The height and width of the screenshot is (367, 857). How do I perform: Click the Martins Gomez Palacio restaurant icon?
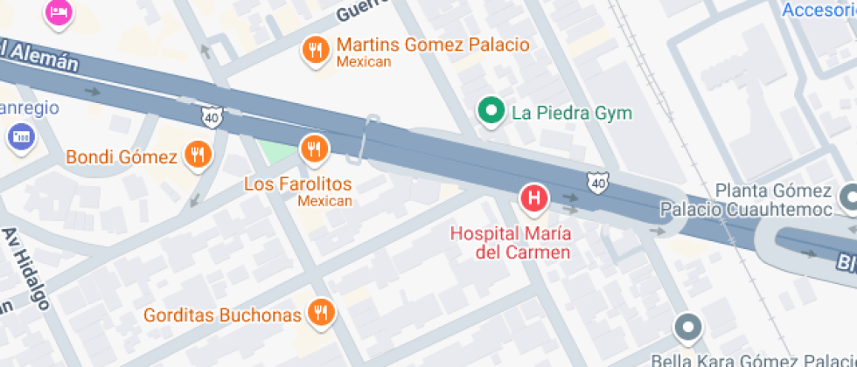coord(315,50)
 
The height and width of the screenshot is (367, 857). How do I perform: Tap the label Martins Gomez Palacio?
coord(433,45)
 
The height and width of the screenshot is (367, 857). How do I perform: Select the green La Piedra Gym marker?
coord(491,111)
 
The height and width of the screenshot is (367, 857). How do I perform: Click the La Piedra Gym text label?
coord(571,113)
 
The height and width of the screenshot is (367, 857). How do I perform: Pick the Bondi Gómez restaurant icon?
coord(199,156)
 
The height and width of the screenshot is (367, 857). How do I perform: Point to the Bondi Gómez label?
coord(122,157)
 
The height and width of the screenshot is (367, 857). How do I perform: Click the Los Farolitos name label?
coord(297,183)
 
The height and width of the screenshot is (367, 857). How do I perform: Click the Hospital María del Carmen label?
coord(511,242)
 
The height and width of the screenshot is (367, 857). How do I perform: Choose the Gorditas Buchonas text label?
coord(222,315)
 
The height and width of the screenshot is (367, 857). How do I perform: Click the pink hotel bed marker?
coord(58,11)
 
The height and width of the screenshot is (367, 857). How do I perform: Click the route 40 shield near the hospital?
coord(597,183)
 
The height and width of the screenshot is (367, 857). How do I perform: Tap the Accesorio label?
coord(818,10)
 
